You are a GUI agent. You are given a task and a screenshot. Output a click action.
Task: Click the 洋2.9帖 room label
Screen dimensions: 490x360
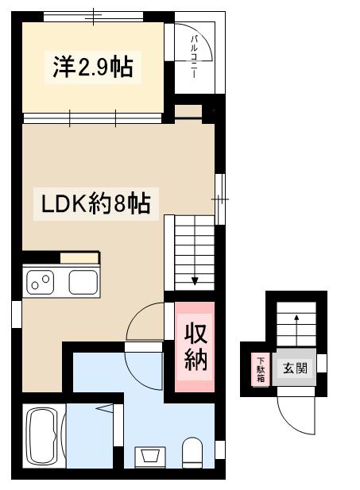tap(93, 68)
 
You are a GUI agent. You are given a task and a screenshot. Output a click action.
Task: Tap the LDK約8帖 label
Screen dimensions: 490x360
tap(96, 203)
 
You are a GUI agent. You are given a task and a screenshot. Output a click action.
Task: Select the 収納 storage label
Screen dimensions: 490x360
tap(195, 346)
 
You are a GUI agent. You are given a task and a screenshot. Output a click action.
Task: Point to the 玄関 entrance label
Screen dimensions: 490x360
tap(293, 368)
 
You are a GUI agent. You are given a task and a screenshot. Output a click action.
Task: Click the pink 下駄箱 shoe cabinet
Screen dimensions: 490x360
tap(260, 369)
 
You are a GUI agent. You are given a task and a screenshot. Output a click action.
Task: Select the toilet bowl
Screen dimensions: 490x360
tap(192, 453)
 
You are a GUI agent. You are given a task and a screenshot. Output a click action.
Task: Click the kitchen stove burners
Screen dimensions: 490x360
tap(40, 280)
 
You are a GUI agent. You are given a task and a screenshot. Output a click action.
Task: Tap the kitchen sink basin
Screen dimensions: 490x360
tap(82, 281)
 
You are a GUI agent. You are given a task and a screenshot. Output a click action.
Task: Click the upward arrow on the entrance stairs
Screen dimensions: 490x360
tap(296, 320)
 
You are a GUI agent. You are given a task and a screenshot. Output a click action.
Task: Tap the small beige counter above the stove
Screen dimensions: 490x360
tap(79, 257)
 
